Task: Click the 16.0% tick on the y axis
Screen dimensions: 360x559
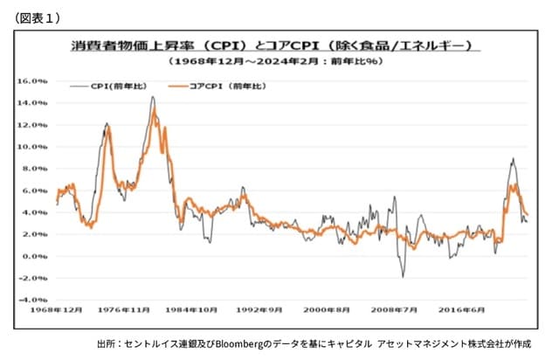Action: pyautogui.click(x=32, y=80)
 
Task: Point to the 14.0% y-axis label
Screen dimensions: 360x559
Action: pyautogui.click(x=32, y=102)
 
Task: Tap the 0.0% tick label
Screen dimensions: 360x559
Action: pyautogui.click(x=35, y=256)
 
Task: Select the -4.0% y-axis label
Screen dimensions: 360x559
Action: pyautogui.click(x=33, y=300)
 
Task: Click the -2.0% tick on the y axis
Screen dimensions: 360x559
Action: pyautogui.click(x=33, y=278)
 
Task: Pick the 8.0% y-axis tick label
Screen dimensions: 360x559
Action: pyautogui.click(x=35, y=169)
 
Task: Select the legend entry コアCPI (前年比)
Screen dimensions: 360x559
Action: pyautogui.click(x=217, y=87)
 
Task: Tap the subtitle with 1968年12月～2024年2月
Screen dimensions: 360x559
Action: pyautogui.click(x=271, y=63)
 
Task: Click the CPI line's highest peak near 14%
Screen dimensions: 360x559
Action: pyautogui.click(x=153, y=97)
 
